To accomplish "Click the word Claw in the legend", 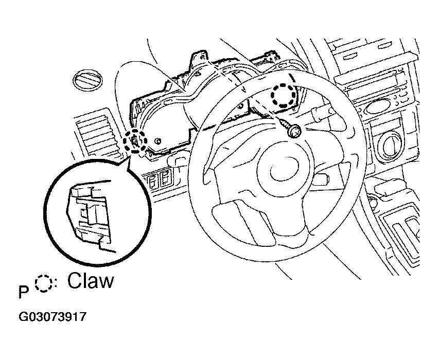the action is tap(91, 281).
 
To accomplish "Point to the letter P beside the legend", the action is tap(24, 292).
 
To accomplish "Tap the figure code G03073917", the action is tap(52, 317).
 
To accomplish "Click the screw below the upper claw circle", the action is tap(291, 128).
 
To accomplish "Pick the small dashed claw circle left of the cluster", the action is tap(135, 141).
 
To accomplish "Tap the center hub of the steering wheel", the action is tap(284, 172).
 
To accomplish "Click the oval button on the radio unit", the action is tap(378, 107).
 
